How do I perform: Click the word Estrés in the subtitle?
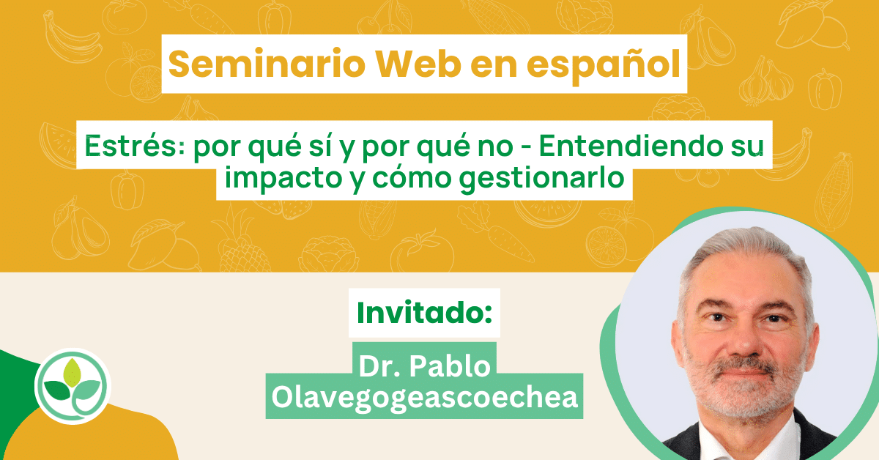pyautogui.click(x=134, y=146)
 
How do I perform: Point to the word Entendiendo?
pyautogui.click(x=631, y=146)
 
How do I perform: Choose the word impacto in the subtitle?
pyautogui.click(x=283, y=178)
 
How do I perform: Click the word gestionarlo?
pyautogui.click(x=542, y=179)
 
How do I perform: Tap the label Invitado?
pyautogui.click(x=424, y=313)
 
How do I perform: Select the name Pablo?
pyautogui.click(x=450, y=366)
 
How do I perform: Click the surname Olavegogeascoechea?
pyautogui.click(x=425, y=398)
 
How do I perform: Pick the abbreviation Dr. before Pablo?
pyautogui.click(x=380, y=366)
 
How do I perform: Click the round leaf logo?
pyautogui.click(x=73, y=386)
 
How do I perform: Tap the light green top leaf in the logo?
pyautogui.click(x=73, y=372)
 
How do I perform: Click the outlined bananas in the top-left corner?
pyautogui.click(x=72, y=37)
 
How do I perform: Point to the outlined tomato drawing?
pyautogui.click(x=422, y=251)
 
